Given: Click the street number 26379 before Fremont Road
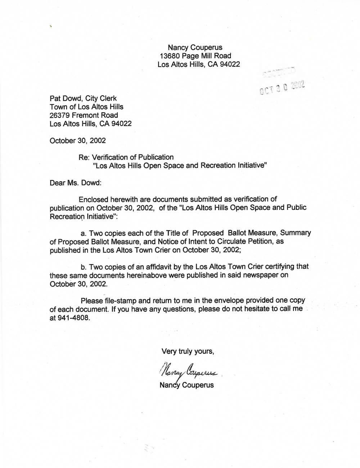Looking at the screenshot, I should (60, 115).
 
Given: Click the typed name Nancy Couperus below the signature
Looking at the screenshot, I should (186, 385).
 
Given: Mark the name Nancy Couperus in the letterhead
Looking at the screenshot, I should (195, 47).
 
